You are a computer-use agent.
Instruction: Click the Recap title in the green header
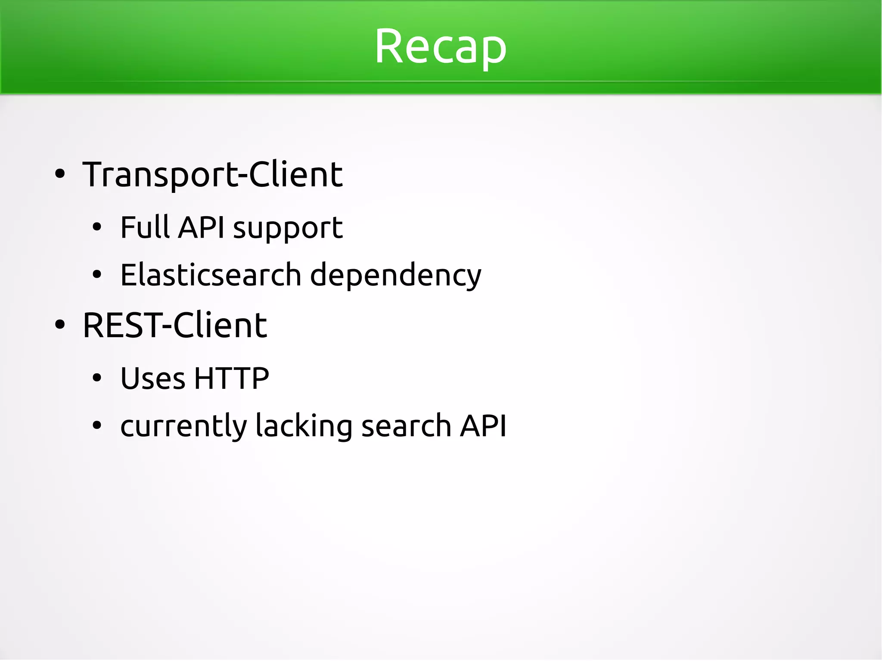pyautogui.click(x=440, y=47)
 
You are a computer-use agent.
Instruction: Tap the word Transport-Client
pyautogui.click(x=212, y=174)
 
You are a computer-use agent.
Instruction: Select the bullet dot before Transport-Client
pyautogui.click(x=60, y=174)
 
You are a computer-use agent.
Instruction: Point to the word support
pyautogui.click(x=288, y=228)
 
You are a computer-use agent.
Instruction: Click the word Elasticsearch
pyautogui.click(x=210, y=275)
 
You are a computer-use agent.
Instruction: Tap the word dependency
pyautogui.click(x=395, y=276)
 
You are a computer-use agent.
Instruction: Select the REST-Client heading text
pyautogui.click(x=175, y=325)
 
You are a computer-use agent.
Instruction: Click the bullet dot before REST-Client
pyautogui.click(x=60, y=326)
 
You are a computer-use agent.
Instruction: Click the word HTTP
pyautogui.click(x=232, y=379)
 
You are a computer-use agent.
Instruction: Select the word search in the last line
pyautogui.click(x=406, y=426)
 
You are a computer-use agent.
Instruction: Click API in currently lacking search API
pyautogui.click(x=483, y=426)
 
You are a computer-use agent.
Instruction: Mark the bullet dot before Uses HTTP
pyautogui.click(x=97, y=379)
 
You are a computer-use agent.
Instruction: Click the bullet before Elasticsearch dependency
pyautogui.click(x=97, y=275)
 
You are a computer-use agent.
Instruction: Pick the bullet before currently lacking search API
pyautogui.click(x=97, y=426)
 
